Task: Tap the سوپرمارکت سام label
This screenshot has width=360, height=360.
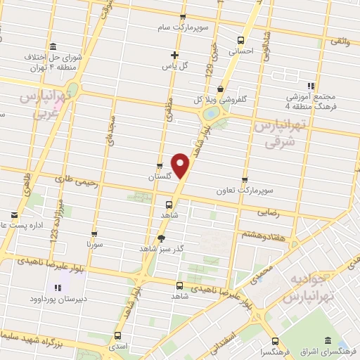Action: pos(184,27)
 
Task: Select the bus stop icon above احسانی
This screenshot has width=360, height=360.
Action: pos(241,40)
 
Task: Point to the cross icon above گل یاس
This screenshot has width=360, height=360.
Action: pos(175,55)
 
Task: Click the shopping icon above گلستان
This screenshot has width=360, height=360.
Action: pos(160,167)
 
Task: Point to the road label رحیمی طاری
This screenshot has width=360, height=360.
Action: pos(84,179)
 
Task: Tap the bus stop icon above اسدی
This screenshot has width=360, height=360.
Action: pos(117,336)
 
